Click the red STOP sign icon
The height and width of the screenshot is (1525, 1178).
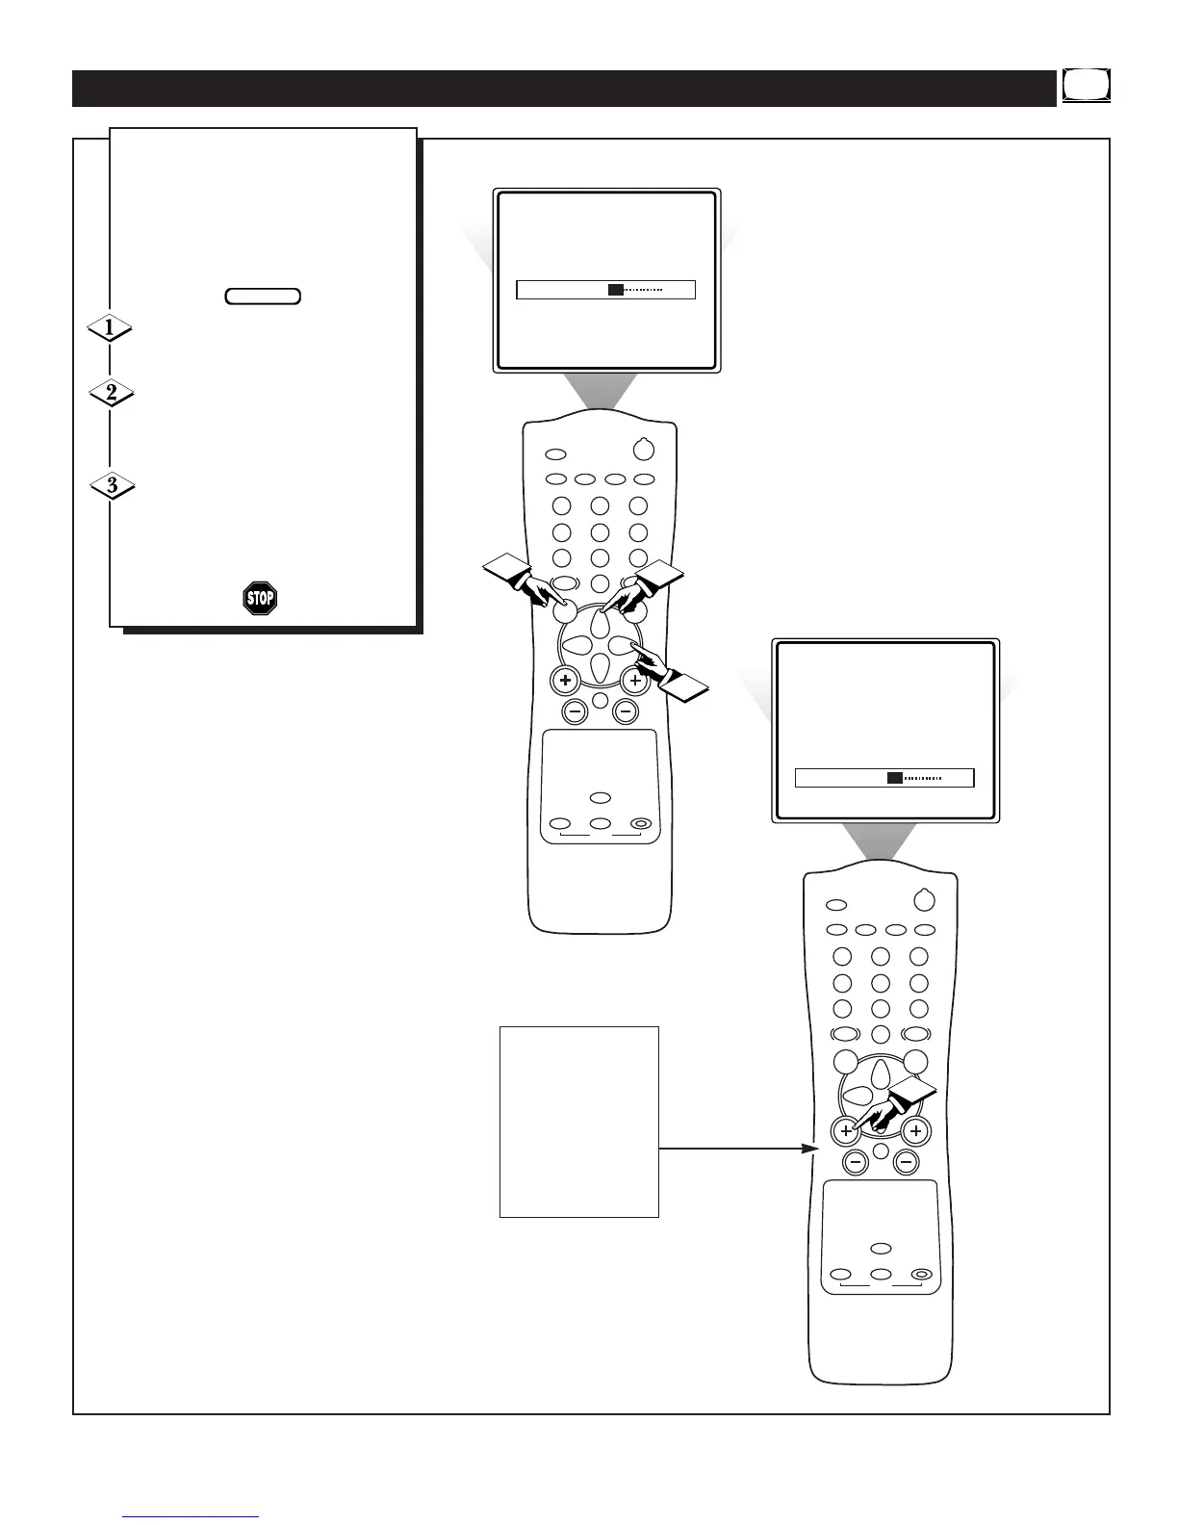pos(260,598)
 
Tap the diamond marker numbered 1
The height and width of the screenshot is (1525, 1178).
pos(110,328)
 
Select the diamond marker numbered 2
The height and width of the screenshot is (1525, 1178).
pos(111,393)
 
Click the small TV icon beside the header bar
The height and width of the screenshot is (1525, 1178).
pos(1087,85)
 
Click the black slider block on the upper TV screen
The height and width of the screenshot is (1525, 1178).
pos(616,290)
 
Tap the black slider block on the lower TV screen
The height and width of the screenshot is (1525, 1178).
pos(895,778)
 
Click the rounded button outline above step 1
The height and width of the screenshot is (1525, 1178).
pos(263,297)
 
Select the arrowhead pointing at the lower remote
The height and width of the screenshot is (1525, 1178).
pos(809,1149)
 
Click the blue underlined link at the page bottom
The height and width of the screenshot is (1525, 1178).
pos(192,1516)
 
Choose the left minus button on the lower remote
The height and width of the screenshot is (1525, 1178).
pos(855,1163)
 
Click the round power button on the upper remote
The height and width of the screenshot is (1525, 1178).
pos(644,450)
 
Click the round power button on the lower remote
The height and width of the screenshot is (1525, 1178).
pos(924,900)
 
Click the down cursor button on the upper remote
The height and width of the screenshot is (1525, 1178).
pos(599,664)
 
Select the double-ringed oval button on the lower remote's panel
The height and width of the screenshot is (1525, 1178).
pos(921,1274)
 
